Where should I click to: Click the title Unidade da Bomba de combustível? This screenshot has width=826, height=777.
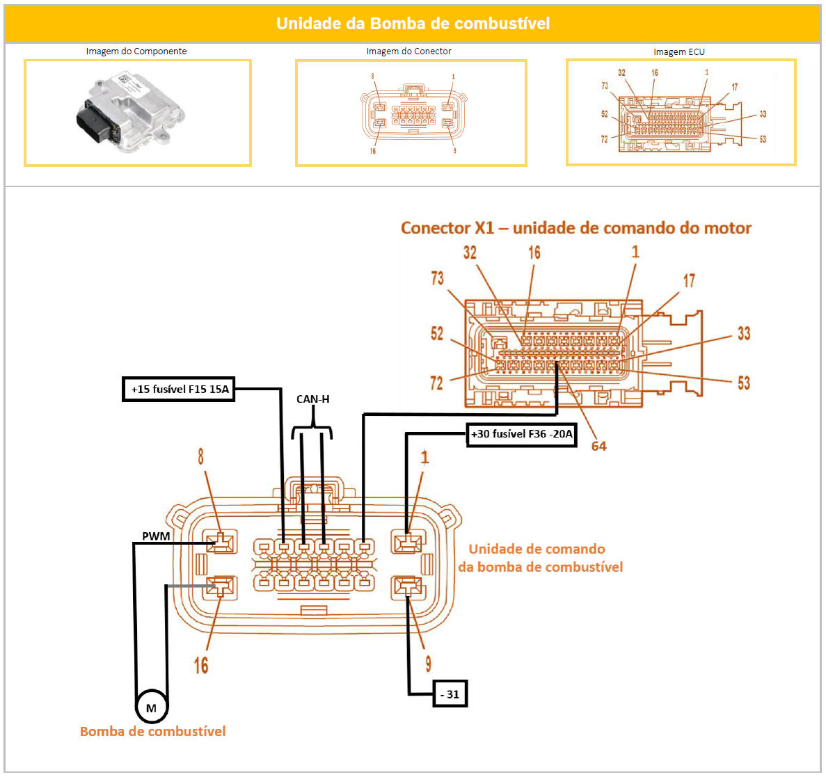(x=413, y=24)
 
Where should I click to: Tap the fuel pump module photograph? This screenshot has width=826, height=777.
(x=132, y=113)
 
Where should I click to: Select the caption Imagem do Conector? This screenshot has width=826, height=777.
(x=408, y=51)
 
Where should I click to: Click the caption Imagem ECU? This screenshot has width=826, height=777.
(x=678, y=52)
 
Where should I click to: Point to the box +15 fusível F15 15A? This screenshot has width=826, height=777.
(x=180, y=390)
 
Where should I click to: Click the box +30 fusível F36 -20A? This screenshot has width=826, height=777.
(x=521, y=434)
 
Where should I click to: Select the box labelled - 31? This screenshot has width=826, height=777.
(x=450, y=694)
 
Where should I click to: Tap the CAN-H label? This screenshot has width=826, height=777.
(x=312, y=399)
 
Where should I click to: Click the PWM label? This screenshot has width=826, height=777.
(x=156, y=536)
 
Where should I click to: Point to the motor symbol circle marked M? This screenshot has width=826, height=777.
(x=151, y=708)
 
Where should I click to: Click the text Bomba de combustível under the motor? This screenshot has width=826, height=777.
(x=152, y=732)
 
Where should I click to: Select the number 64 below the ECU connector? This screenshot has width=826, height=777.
(x=598, y=447)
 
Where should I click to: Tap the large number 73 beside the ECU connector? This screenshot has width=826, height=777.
(x=437, y=279)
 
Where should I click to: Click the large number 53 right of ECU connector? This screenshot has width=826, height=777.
(x=744, y=383)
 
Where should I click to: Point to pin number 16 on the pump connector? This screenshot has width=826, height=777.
(x=201, y=666)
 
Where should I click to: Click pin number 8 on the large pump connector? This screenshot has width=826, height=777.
(x=201, y=457)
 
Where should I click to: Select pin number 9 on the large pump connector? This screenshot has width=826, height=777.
(x=428, y=664)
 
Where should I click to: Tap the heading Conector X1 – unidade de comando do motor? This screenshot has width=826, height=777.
(x=575, y=228)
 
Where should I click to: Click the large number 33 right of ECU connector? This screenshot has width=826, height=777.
(x=744, y=334)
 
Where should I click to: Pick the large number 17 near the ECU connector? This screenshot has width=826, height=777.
(x=688, y=281)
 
